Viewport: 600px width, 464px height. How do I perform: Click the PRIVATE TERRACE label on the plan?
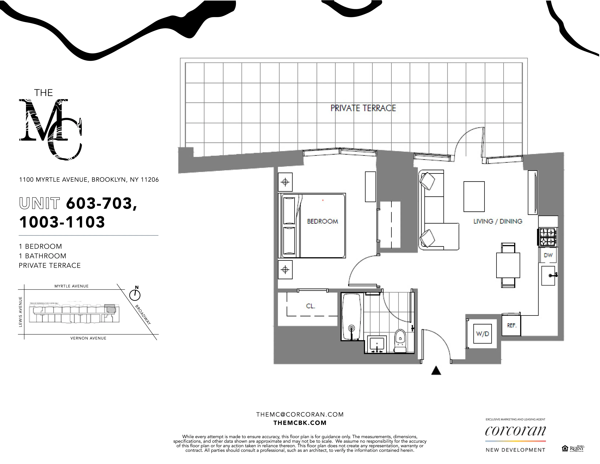[x=363, y=108]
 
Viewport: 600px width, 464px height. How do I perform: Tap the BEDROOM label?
[x=322, y=222]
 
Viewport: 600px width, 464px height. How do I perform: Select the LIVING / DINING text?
[x=497, y=222]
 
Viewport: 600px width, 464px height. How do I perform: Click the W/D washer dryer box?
[x=482, y=334]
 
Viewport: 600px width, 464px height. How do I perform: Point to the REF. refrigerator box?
[x=511, y=325]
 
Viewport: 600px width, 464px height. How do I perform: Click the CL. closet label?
[x=310, y=306]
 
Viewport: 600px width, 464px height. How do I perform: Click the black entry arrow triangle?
[x=436, y=371]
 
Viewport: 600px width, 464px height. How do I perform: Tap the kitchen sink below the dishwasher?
[x=548, y=275]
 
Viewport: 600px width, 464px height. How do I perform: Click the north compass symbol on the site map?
[x=135, y=295]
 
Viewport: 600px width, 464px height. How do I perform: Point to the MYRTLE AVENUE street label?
[x=71, y=286]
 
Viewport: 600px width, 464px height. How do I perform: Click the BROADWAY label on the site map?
[x=143, y=315]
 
